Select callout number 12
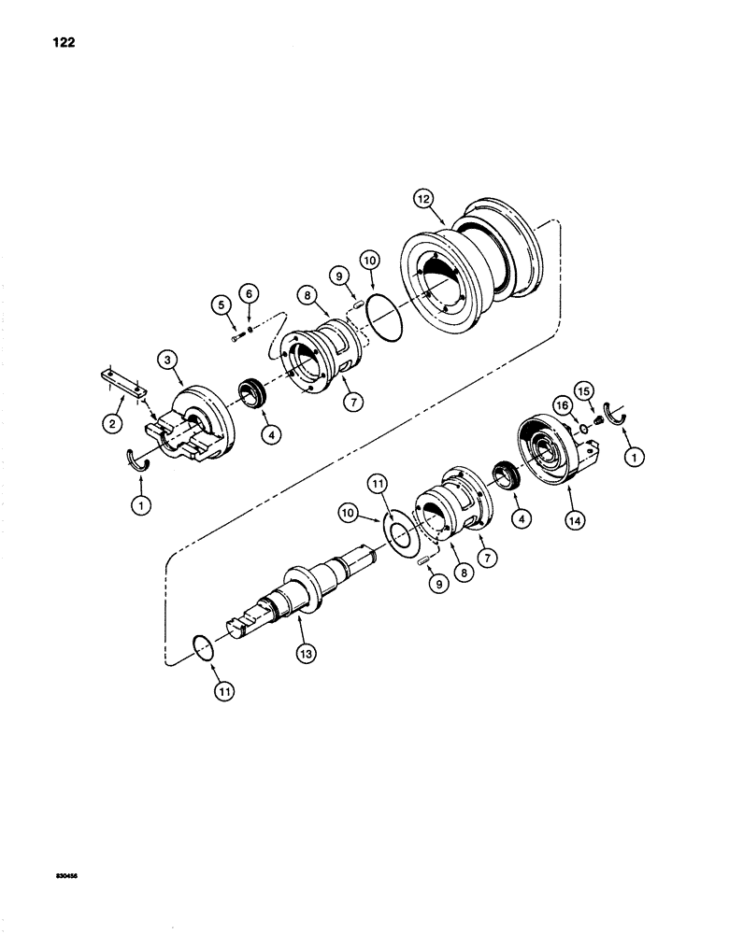coord(424,198)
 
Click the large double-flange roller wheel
coord(472,280)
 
